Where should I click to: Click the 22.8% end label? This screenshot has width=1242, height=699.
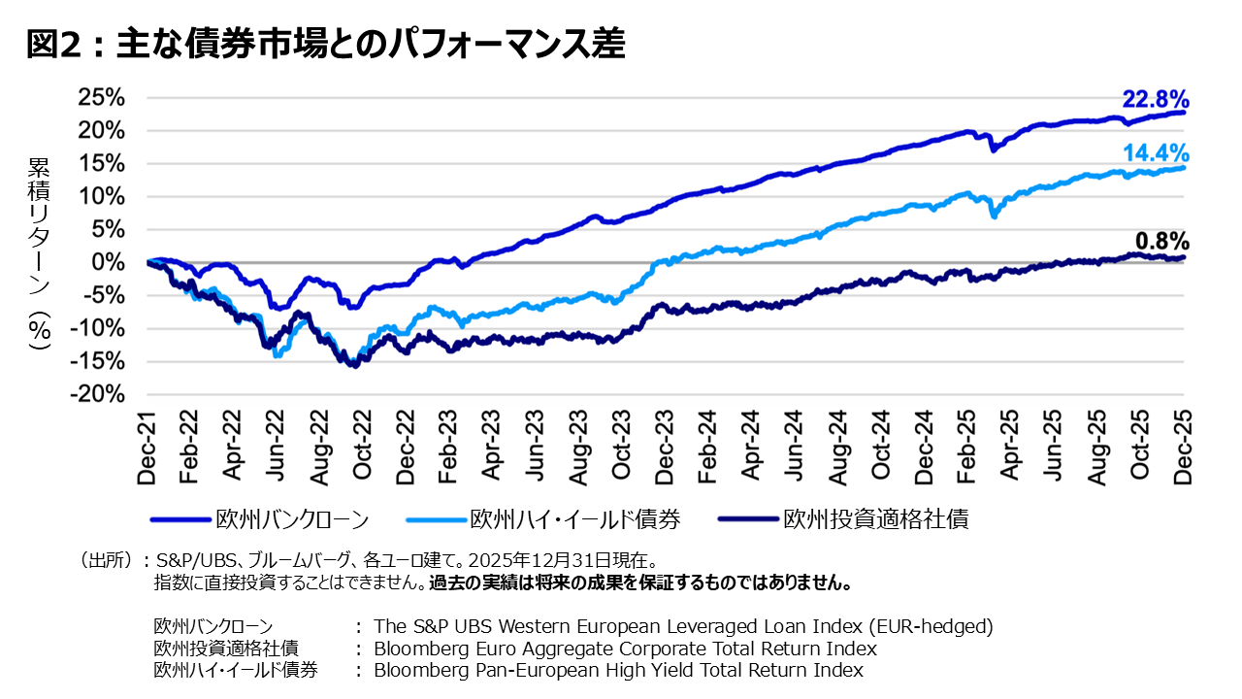click(1155, 100)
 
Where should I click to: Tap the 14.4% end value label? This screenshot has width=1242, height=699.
click(1155, 152)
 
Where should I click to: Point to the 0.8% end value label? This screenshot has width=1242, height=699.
click(1161, 242)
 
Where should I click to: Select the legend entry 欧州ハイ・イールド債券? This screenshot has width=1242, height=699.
click(574, 519)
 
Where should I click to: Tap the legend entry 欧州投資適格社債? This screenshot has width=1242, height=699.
click(875, 519)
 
